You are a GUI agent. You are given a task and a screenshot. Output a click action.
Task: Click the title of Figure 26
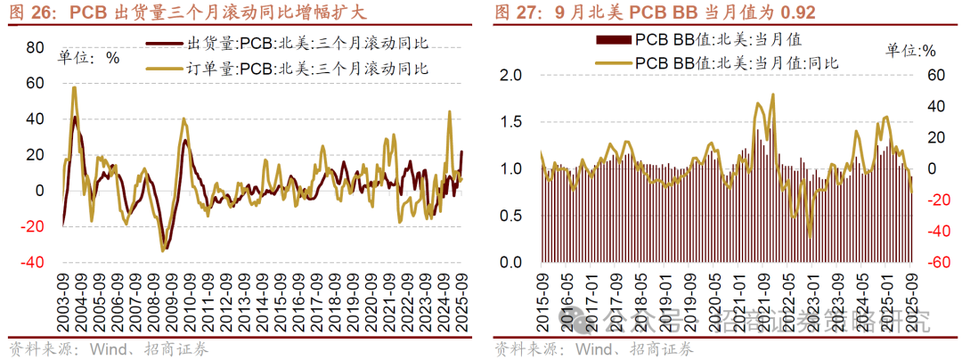click(187, 13)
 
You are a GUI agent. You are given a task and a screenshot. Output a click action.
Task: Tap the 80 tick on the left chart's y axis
click(35, 47)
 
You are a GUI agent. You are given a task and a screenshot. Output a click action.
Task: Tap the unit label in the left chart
click(89, 58)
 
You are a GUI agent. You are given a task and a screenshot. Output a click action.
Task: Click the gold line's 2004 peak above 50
click(74, 87)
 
